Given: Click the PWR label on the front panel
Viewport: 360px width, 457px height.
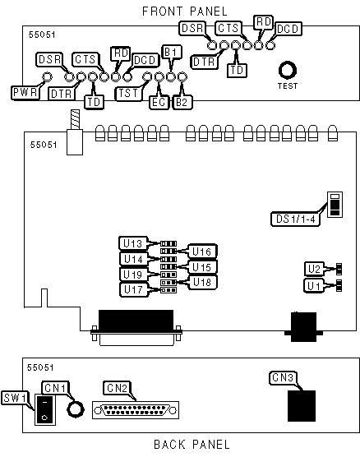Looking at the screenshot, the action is [25, 93].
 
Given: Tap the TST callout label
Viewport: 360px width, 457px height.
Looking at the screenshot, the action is [128, 94].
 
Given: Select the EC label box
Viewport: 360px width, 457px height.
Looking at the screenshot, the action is [159, 102].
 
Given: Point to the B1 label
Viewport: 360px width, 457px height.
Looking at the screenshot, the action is [172, 53].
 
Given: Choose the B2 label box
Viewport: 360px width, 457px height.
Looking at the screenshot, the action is [182, 102].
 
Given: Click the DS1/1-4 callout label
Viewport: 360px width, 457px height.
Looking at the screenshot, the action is [295, 219].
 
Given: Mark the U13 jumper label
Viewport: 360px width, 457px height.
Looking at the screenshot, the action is [133, 243].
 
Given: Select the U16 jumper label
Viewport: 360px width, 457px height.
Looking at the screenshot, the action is [202, 252].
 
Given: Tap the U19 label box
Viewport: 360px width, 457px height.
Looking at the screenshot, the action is [133, 275].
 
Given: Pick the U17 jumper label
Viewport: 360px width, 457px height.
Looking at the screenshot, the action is [134, 289].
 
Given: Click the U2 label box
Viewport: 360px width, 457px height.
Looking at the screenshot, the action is [314, 269].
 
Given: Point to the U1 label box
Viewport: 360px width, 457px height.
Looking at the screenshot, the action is [314, 286].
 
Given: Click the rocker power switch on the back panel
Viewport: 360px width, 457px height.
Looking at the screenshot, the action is [45, 409].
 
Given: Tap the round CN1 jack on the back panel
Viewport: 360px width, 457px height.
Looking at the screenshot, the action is [76, 409].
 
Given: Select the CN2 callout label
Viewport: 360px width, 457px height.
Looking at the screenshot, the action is [118, 388].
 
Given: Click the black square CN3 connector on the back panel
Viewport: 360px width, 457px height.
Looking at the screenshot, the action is [302, 406].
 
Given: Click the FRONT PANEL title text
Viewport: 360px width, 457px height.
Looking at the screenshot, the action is [184, 12].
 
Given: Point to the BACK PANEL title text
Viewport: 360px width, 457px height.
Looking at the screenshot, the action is [192, 445].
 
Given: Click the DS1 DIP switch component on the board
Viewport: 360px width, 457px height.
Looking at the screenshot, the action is [335, 205].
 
